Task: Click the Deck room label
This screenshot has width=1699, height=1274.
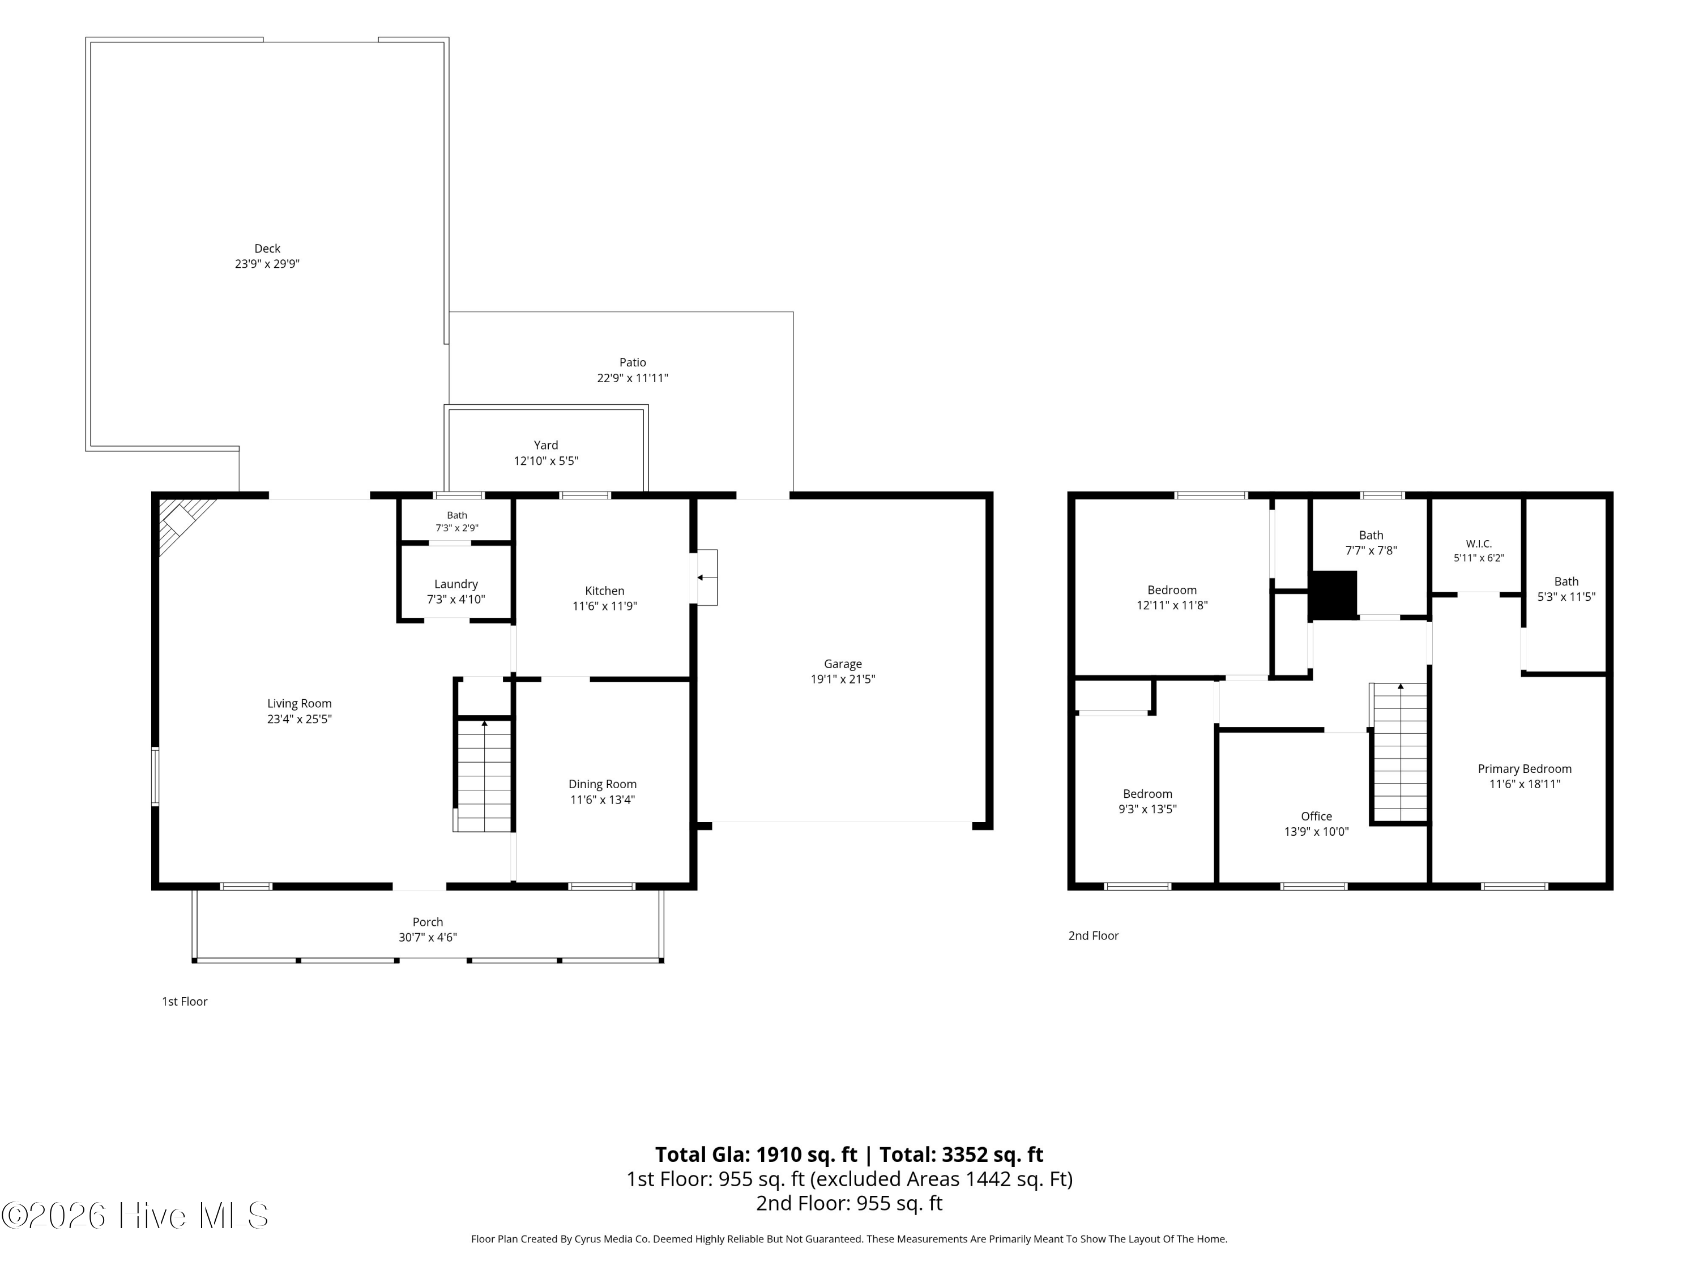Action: (x=267, y=249)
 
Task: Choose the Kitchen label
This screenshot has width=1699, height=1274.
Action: (x=604, y=591)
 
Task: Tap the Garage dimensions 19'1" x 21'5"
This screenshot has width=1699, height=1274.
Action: (x=843, y=679)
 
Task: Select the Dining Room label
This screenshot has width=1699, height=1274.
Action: (x=602, y=784)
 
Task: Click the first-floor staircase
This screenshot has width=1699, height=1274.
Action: (x=484, y=775)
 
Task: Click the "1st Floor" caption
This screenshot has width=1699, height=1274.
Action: (x=184, y=1002)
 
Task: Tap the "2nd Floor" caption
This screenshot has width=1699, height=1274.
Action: (x=1093, y=935)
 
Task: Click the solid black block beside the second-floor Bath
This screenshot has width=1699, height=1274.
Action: (x=1333, y=595)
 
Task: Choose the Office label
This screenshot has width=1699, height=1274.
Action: (x=1317, y=816)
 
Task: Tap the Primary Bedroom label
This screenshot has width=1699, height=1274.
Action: (x=1525, y=769)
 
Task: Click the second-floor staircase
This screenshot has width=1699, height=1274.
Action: (x=1399, y=753)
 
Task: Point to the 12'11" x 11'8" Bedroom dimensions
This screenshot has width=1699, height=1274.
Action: (x=1172, y=606)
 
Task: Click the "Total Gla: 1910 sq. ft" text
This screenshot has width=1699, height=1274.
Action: (x=756, y=1155)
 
